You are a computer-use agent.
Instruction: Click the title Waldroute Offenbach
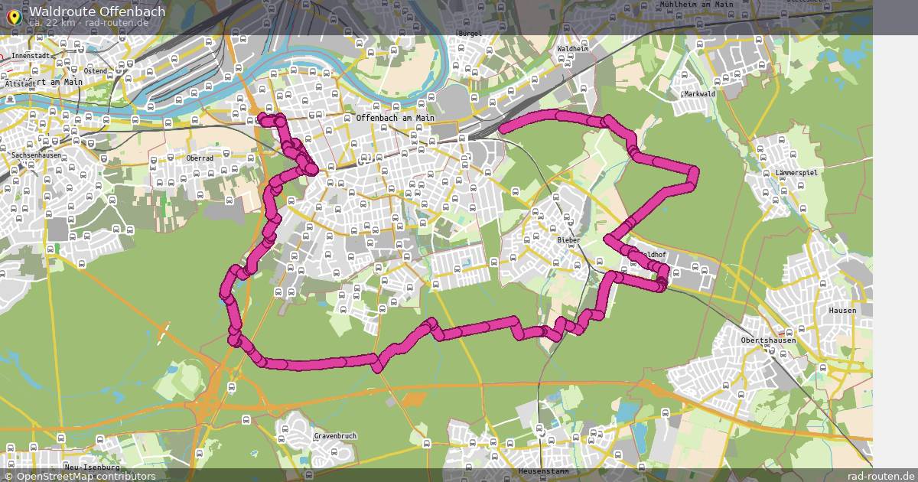97,11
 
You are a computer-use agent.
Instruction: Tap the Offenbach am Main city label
395,119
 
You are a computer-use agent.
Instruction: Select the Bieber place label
568,240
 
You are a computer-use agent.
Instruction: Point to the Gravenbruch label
335,436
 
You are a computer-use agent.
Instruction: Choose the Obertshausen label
768,340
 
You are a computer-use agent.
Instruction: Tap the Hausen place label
842,311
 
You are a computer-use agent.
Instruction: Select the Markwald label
699,94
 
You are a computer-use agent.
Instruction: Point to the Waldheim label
573,49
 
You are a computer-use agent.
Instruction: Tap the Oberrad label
200,158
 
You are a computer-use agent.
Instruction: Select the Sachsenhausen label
36,155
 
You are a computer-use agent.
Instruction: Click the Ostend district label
96,71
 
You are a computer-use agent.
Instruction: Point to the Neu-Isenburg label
93,467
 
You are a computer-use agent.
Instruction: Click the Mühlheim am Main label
696,5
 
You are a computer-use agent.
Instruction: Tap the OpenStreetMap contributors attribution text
86,476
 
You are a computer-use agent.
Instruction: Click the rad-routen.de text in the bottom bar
881,476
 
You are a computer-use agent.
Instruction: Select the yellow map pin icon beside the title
13,15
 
